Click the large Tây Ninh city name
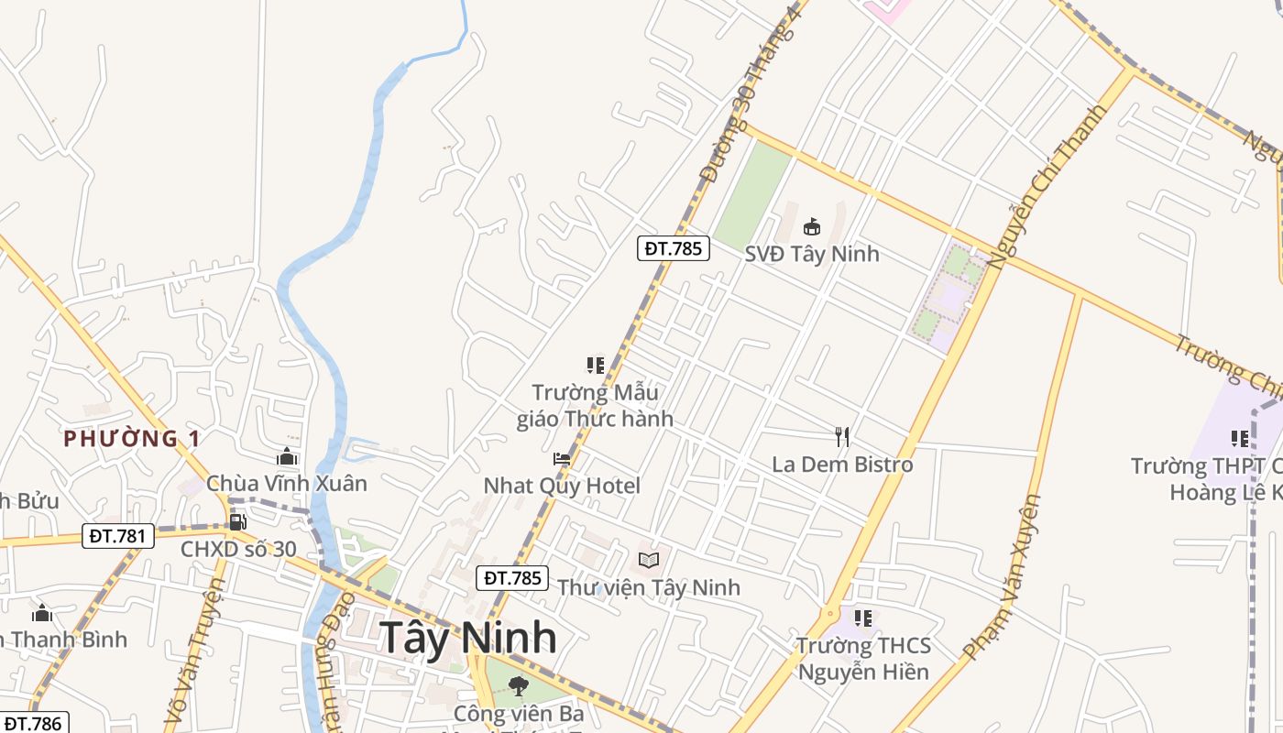[467, 638]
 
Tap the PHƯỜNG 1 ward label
[133, 439]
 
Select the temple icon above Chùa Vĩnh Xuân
[287, 456]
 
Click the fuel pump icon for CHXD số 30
[237, 522]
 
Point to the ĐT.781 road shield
[118, 536]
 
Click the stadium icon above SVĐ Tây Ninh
[811, 226]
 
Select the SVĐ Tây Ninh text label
[811, 254]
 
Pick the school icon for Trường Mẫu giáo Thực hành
[596, 366]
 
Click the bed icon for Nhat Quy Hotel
[562, 459]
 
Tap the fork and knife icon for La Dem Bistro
[842, 436]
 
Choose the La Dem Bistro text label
[842, 465]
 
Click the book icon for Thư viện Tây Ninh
[649, 559]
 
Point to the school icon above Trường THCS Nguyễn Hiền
[862, 618]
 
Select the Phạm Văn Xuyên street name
[1003, 577]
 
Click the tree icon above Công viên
[519, 685]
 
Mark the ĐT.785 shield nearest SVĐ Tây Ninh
[674, 248]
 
